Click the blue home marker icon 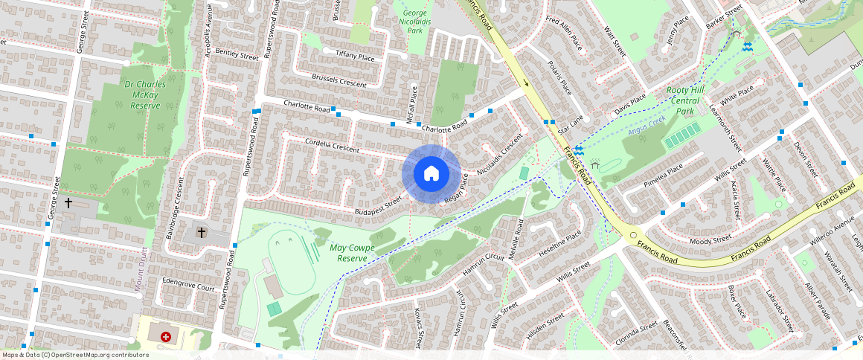[431, 174]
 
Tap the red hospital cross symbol [166, 337]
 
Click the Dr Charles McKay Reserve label [145, 95]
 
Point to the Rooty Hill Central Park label [683, 101]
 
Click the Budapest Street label [377, 207]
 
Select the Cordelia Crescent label [331, 146]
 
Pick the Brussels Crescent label [339, 81]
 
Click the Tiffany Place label [354, 56]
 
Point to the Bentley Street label [236, 54]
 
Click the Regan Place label [455, 190]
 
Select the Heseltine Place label [564, 244]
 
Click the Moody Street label [710, 240]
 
